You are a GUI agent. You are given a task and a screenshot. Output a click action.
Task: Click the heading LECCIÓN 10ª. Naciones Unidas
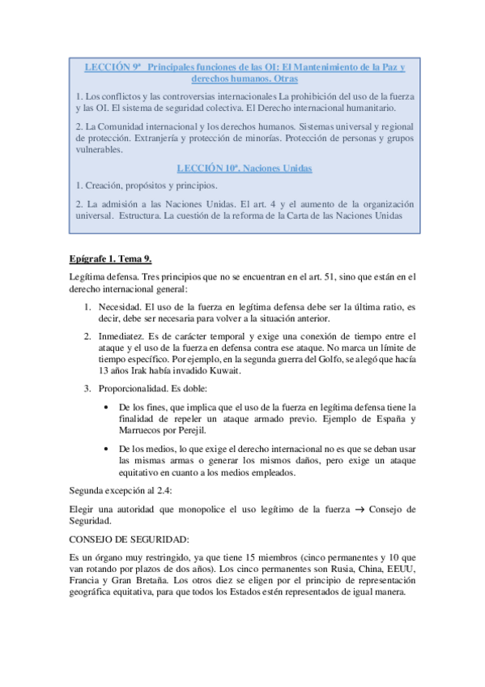[x=245, y=169]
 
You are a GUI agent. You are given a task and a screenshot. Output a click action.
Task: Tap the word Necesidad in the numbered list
[x=120, y=308]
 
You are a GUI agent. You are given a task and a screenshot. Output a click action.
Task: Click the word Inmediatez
[x=121, y=335]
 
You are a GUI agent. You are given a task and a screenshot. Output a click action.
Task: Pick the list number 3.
[x=87, y=389]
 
